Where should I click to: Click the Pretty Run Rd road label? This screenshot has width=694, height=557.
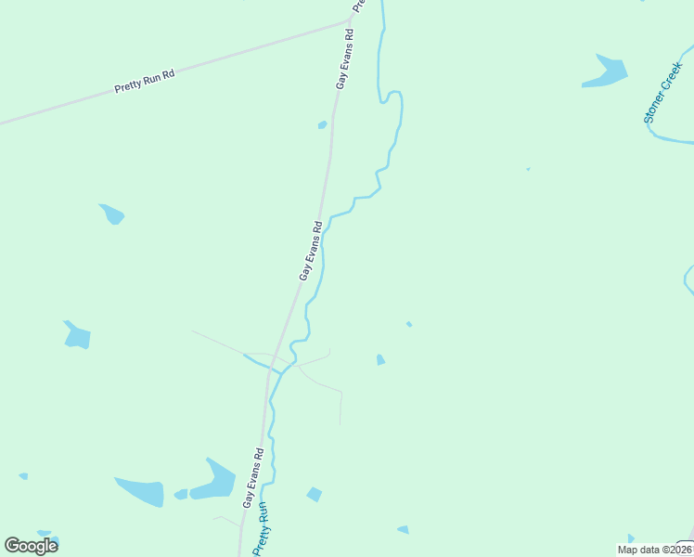(x=145, y=81)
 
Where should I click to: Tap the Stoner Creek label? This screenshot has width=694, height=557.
(x=662, y=93)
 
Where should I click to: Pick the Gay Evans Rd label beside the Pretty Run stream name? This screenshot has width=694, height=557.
(x=254, y=478)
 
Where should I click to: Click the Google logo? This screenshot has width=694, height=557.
(x=31, y=546)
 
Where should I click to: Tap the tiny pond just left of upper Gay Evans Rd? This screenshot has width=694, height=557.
(x=322, y=124)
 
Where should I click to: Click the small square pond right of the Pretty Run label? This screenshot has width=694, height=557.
(x=315, y=494)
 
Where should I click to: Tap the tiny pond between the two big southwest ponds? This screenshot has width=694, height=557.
(x=181, y=494)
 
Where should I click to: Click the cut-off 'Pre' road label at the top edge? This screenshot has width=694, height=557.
(x=358, y=4)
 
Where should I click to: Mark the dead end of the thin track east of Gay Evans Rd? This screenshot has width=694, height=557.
(x=341, y=423)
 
